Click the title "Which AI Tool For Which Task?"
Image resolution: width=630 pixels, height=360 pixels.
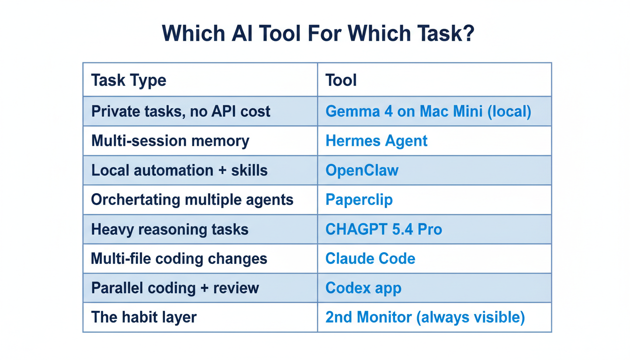(318, 34)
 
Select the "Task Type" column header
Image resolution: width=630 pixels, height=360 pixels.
(128, 80)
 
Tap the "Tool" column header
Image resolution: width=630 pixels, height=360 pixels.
(341, 80)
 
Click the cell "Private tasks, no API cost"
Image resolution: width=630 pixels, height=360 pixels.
(180, 111)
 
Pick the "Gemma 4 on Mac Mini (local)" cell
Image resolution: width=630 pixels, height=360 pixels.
(428, 111)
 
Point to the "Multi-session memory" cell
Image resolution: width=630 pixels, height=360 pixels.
(170, 141)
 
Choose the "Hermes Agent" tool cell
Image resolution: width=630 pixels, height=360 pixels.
(376, 141)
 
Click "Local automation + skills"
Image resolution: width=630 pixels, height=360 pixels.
(179, 170)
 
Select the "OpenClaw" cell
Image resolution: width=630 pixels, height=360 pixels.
(362, 170)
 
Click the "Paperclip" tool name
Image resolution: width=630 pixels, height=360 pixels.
(359, 200)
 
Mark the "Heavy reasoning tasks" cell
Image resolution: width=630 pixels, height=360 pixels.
(170, 230)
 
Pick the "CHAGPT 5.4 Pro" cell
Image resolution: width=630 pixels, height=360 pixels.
(383, 230)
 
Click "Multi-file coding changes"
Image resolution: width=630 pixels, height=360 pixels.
(179, 259)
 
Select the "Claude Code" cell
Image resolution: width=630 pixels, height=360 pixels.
(370, 259)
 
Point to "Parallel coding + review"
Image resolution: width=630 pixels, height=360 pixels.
(175, 288)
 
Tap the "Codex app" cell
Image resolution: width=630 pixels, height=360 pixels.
(363, 288)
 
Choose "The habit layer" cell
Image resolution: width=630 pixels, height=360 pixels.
(144, 317)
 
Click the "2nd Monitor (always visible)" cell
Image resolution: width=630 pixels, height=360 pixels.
(425, 317)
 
